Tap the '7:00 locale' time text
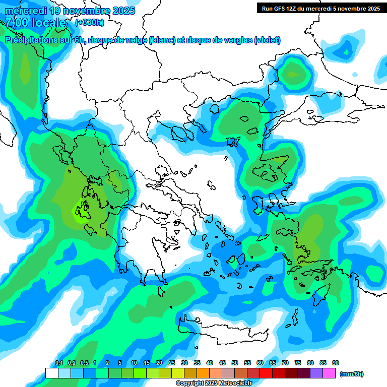coord(36,23)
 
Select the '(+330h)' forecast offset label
coord(90,23)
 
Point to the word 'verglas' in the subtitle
coord(235,40)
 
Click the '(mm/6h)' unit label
coord(352,374)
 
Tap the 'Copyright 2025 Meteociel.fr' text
coord(214,383)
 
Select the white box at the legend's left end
coord(51,373)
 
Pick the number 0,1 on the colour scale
coord(59,363)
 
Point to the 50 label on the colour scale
coord(235,363)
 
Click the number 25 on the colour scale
coord(172,363)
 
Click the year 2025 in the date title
coord(123,11)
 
